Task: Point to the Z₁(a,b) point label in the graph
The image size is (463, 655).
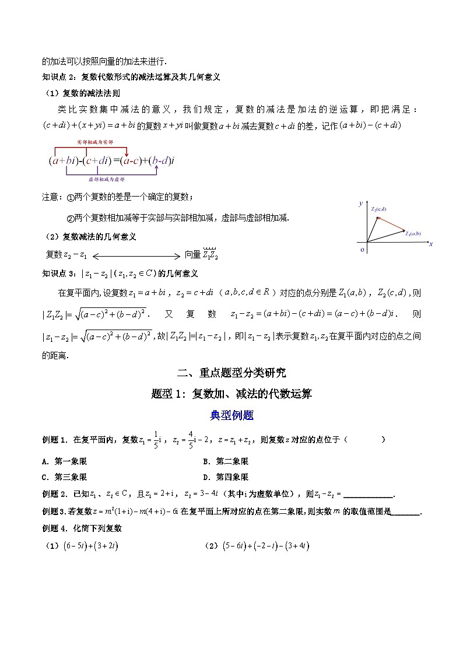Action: (415, 233)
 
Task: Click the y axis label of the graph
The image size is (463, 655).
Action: (362, 203)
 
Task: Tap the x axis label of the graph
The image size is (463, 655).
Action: (430, 244)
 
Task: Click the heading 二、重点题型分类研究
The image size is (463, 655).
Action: (232, 373)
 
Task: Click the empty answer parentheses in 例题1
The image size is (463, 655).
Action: (364, 440)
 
